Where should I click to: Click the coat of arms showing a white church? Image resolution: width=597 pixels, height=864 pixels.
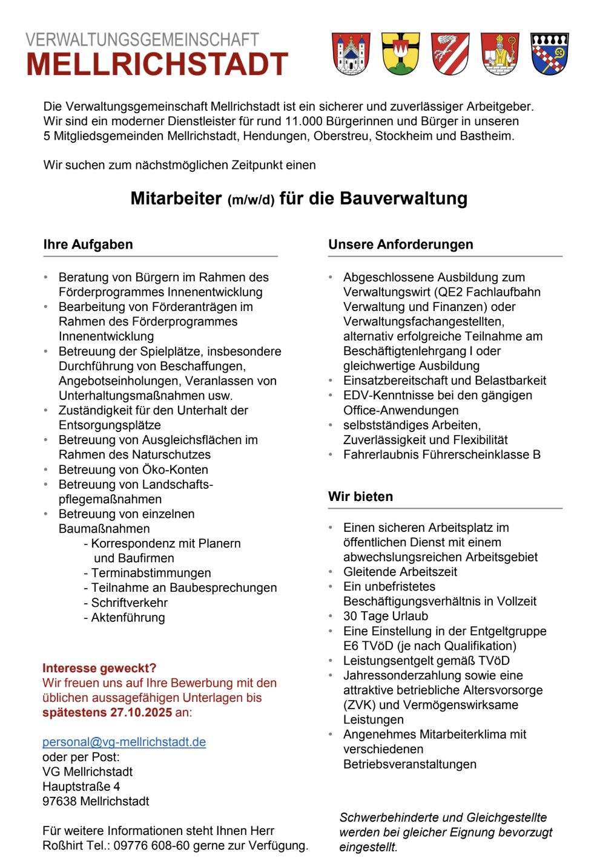tap(351, 54)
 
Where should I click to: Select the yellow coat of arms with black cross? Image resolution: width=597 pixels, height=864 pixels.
tap(401, 54)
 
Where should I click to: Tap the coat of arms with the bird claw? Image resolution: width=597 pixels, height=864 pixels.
tap(450, 54)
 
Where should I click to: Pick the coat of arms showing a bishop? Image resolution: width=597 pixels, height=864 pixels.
tap(500, 54)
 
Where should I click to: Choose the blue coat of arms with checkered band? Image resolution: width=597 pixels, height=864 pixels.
tap(550, 54)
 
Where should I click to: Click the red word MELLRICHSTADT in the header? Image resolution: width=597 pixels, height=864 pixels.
tap(157, 65)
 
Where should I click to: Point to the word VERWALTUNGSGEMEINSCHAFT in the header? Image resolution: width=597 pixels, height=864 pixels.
tap(142, 40)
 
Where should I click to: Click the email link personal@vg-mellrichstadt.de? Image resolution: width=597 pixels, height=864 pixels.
tap(124, 742)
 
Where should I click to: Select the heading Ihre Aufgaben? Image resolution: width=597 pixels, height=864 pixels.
tap(88, 244)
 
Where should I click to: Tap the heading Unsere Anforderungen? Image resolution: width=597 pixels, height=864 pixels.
tap(401, 244)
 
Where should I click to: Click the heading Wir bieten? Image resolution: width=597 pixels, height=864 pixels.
tap(360, 497)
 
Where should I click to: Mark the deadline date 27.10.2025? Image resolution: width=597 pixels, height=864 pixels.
tap(141, 712)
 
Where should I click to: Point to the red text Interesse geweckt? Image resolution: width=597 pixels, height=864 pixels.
tap(99, 668)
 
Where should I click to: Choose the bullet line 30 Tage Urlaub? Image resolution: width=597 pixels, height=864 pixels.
tap(386, 616)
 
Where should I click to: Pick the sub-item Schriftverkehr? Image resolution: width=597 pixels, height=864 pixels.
tap(129, 603)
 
